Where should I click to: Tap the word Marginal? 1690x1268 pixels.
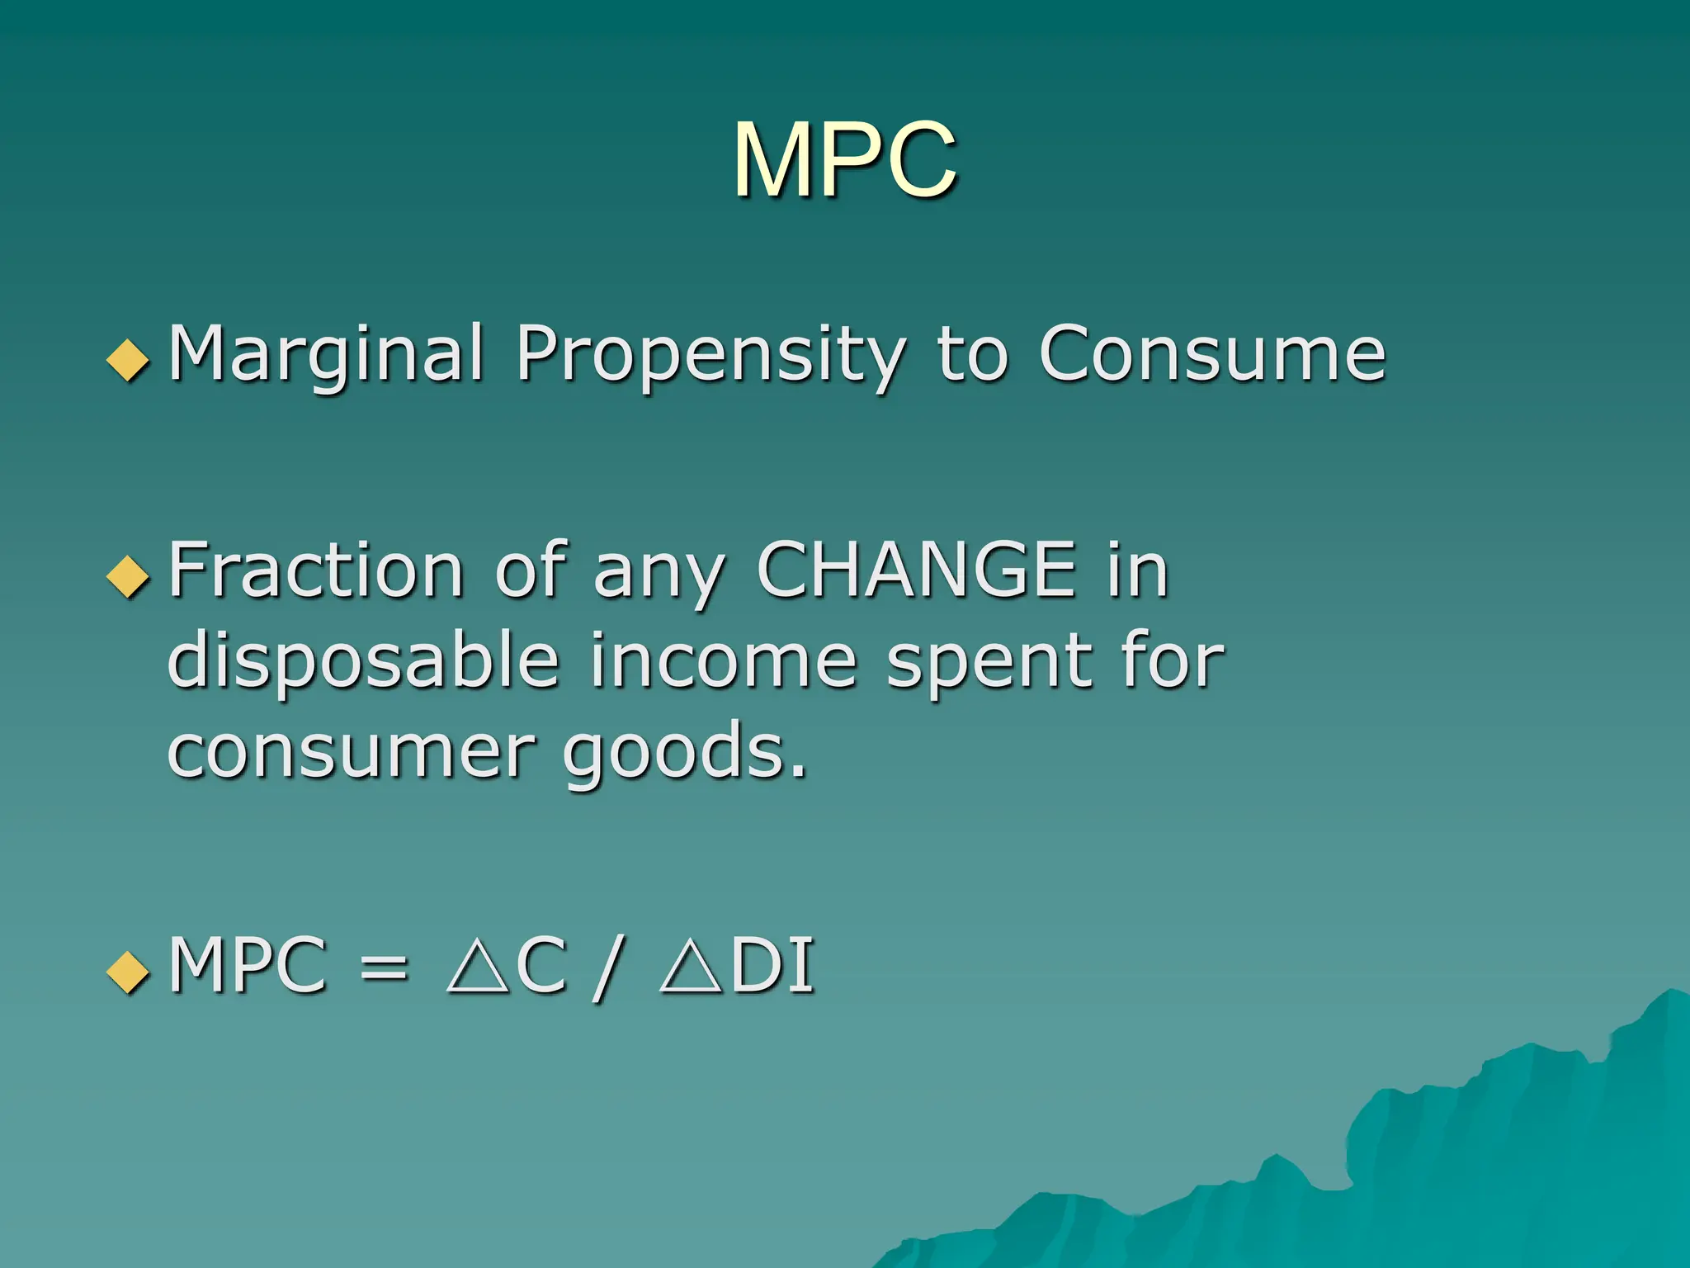click(x=325, y=355)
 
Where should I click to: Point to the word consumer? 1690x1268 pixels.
click(x=352, y=752)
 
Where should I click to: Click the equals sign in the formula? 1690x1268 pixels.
click(x=384, y=966)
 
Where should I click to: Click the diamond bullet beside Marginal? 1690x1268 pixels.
click(x=128, y=360)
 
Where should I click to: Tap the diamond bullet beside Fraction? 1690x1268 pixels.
click(x=128, y=575)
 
